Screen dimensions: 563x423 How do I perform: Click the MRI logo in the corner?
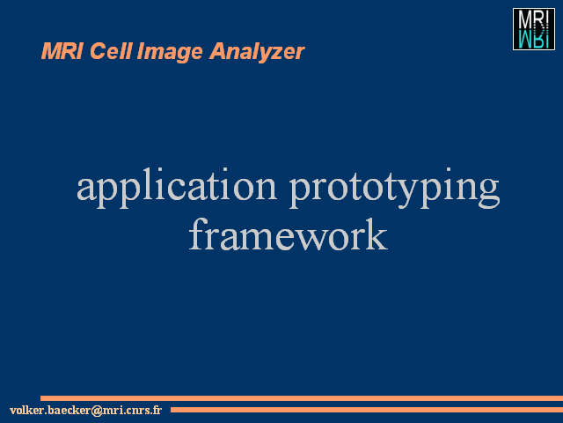[534, 29]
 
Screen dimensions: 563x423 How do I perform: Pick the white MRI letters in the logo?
[534, 20]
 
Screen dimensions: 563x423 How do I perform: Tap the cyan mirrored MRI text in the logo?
[534, 39]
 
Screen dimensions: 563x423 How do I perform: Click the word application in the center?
[177, 187]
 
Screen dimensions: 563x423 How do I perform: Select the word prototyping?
[395, 188]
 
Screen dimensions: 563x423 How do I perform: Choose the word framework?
[289, 234]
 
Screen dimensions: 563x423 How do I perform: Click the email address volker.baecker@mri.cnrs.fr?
[86, 410]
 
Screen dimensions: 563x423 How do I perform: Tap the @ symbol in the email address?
[97, 411]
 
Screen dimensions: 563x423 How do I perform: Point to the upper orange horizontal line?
[302, 398]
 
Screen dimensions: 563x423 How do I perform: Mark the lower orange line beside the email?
[367, 410]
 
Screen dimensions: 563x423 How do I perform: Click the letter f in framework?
[198, 234]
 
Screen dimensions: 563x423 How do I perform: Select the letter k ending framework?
[377, 234]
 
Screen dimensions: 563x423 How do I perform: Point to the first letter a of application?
[86, 189]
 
